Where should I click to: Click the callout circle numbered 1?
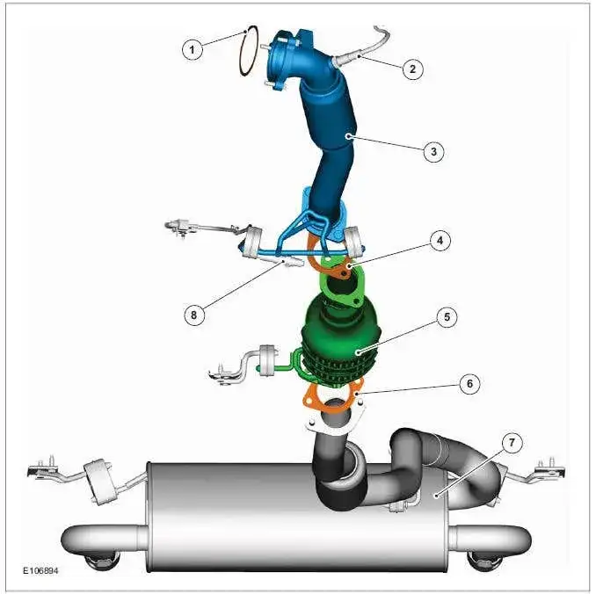tap(193, 49)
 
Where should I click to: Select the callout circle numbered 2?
tap(412, 69)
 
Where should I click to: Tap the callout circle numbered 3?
tap(433, 151)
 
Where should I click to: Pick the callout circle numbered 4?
tap(440, 241)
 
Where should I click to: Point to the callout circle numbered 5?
tap(447, 316)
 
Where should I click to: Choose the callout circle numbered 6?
tap(469, 384)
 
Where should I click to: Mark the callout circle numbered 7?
tap(512, 442)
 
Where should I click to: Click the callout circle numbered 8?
tap(194, 315)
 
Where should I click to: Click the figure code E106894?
tap(40, 570)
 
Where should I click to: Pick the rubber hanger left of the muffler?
tap(98, 482)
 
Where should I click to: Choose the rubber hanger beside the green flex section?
tap(267, 360)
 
